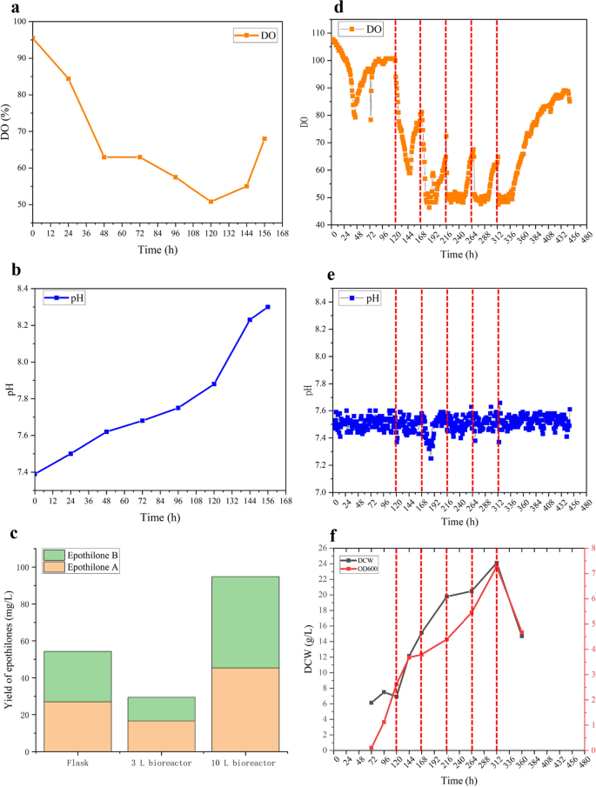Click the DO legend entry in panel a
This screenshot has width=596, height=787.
(x=255, y=36)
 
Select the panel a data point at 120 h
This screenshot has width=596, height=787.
(x=211, y=202)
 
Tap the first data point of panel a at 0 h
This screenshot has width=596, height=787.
(x=33, y=38)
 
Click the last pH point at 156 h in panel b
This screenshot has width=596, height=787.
(x=267, y=307)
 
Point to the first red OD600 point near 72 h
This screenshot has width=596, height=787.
(x=372, y=748)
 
